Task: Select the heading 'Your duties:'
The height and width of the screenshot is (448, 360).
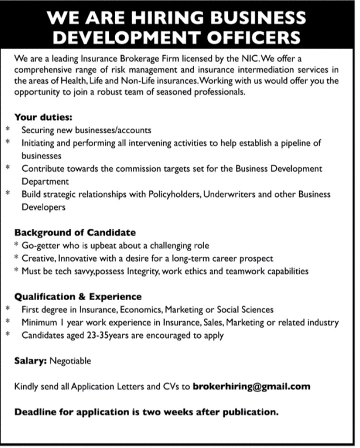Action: pyautogui.click(x=44, y=118)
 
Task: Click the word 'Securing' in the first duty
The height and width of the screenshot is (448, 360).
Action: pyautogui.click(x=38, y=130)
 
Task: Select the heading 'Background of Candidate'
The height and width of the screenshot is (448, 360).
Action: pyautogui.click(x=75, y=233)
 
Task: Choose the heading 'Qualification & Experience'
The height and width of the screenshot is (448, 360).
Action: pyautogui.click(x=78, y=297)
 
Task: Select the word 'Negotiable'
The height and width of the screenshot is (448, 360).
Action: pyautogui.click(x=70, y=361)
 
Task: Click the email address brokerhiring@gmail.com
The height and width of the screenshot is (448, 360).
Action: pyautogui.click(x=251, y=386)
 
